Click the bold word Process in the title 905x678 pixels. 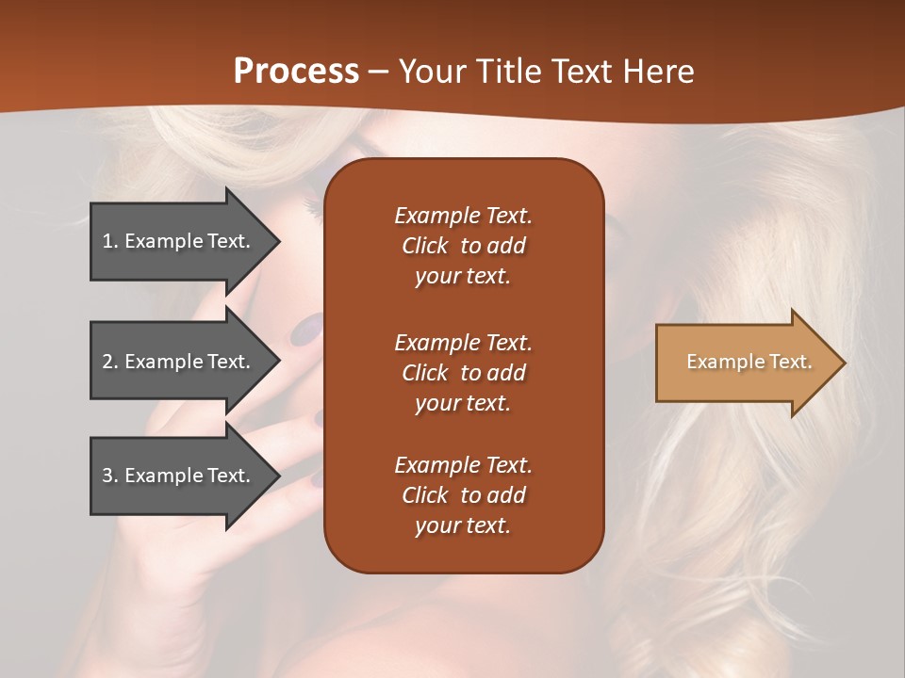296,72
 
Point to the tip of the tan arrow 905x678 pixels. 843,363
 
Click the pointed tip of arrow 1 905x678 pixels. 278,241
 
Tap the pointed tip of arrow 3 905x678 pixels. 278,476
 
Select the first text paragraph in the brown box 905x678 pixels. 463,246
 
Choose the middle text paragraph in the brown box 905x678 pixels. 463,373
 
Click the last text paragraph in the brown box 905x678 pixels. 463,495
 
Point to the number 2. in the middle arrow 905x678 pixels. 110,362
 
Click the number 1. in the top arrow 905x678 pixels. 110,241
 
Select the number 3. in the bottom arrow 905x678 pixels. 110,476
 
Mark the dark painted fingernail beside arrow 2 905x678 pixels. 305,330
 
